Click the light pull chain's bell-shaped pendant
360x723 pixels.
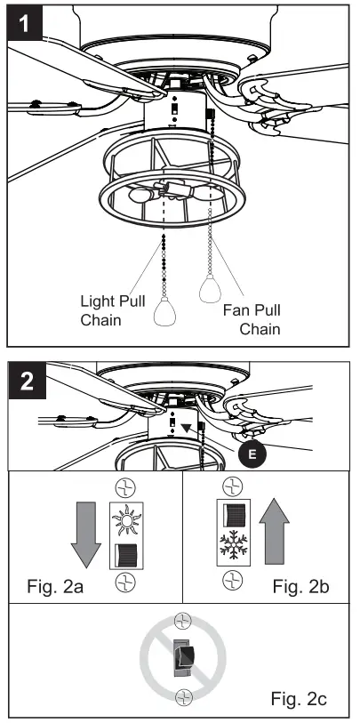coord(166,313)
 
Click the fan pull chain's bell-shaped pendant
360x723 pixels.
coord(212,289)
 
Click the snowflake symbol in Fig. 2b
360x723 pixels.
coord(232,545)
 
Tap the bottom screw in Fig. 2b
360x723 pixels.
coord(232,579)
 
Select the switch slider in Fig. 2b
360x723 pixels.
coord(232,515)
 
